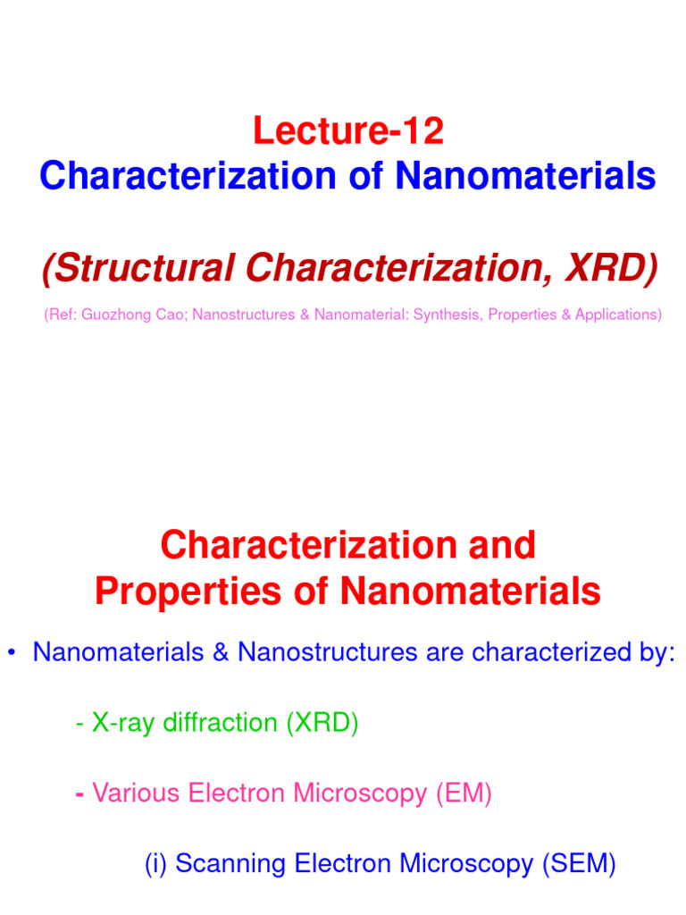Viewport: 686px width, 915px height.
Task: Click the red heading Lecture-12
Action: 347,132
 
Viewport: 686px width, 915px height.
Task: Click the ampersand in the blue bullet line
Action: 221,652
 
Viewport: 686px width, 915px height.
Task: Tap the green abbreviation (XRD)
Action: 322,723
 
